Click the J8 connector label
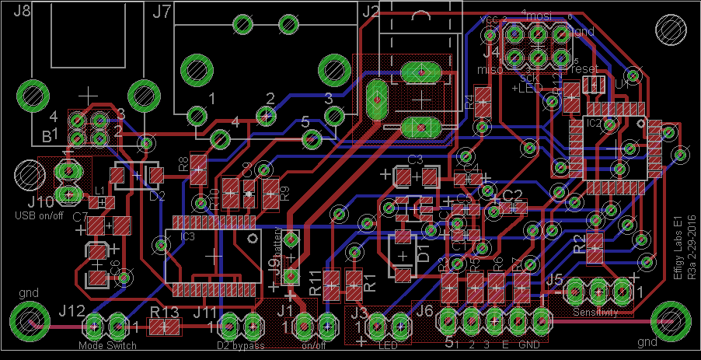click(23, 11)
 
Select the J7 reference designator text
click(162, 11)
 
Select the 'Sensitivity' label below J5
click(596, 313)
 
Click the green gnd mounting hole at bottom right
click(668, 318)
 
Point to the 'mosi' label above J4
click(540, 16)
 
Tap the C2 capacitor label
click(513, 194)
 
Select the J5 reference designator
click(554, 279)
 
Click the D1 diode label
click(424, 250)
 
